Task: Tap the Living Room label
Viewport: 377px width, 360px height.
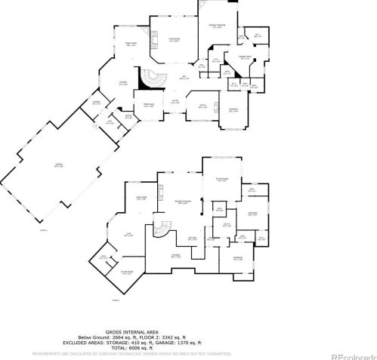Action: tap(174, 40)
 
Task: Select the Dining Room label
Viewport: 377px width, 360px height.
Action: tap(131, 45)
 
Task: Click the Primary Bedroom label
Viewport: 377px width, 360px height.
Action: tap(215, 29)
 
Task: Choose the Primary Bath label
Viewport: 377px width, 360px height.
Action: tap(246, 57)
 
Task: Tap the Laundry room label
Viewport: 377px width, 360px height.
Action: tap(96, 103)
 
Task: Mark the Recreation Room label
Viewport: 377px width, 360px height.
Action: tap(182, 202)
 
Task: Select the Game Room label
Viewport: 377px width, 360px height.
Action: tap(141, 198)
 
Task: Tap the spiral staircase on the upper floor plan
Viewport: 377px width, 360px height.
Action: tap(154, 78)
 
